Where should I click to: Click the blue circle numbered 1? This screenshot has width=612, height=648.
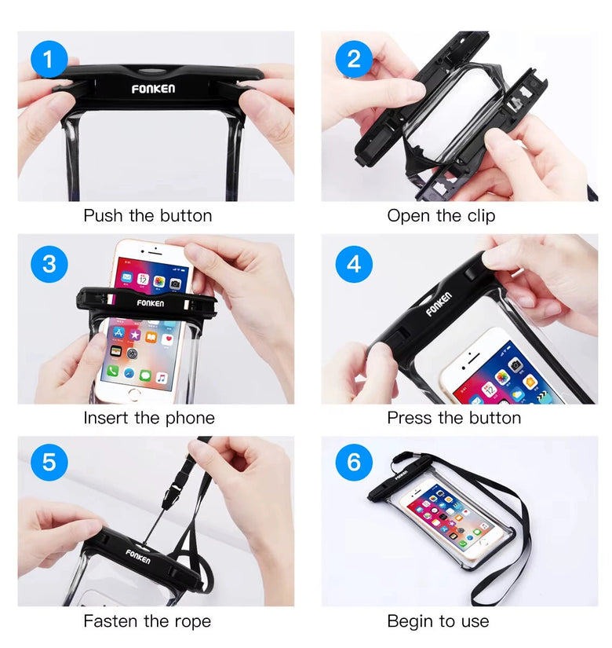49,59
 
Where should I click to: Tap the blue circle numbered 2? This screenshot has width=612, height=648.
354,59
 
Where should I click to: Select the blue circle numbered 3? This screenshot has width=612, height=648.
49,264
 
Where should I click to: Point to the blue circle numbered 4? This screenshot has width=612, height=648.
354,264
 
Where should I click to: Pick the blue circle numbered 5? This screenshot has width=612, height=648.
49,462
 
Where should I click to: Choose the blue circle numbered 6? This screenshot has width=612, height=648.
354,462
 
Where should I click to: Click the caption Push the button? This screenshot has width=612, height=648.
148,216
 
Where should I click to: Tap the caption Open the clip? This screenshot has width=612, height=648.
441,216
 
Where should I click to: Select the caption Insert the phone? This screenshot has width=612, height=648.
149,418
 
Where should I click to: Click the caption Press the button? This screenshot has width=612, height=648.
454,418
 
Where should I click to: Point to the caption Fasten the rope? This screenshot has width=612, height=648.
147,621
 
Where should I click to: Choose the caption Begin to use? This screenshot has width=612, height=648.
438,621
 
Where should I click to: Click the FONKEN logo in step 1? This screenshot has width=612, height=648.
153,89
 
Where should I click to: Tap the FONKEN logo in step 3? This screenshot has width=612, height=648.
151,303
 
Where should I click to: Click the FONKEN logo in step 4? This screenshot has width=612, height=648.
439,304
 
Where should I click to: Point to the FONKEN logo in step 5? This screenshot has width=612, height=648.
138,557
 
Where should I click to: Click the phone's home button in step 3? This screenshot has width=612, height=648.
134,394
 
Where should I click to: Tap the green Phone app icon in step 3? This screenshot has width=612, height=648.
113,371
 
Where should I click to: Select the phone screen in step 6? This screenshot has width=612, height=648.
449,518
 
